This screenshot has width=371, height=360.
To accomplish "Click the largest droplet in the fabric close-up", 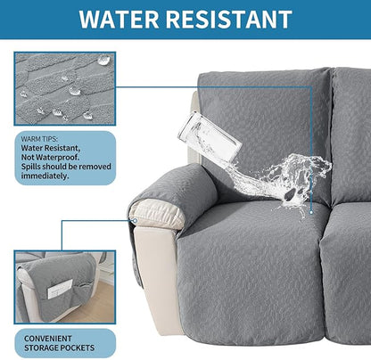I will [x=104, y=61].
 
